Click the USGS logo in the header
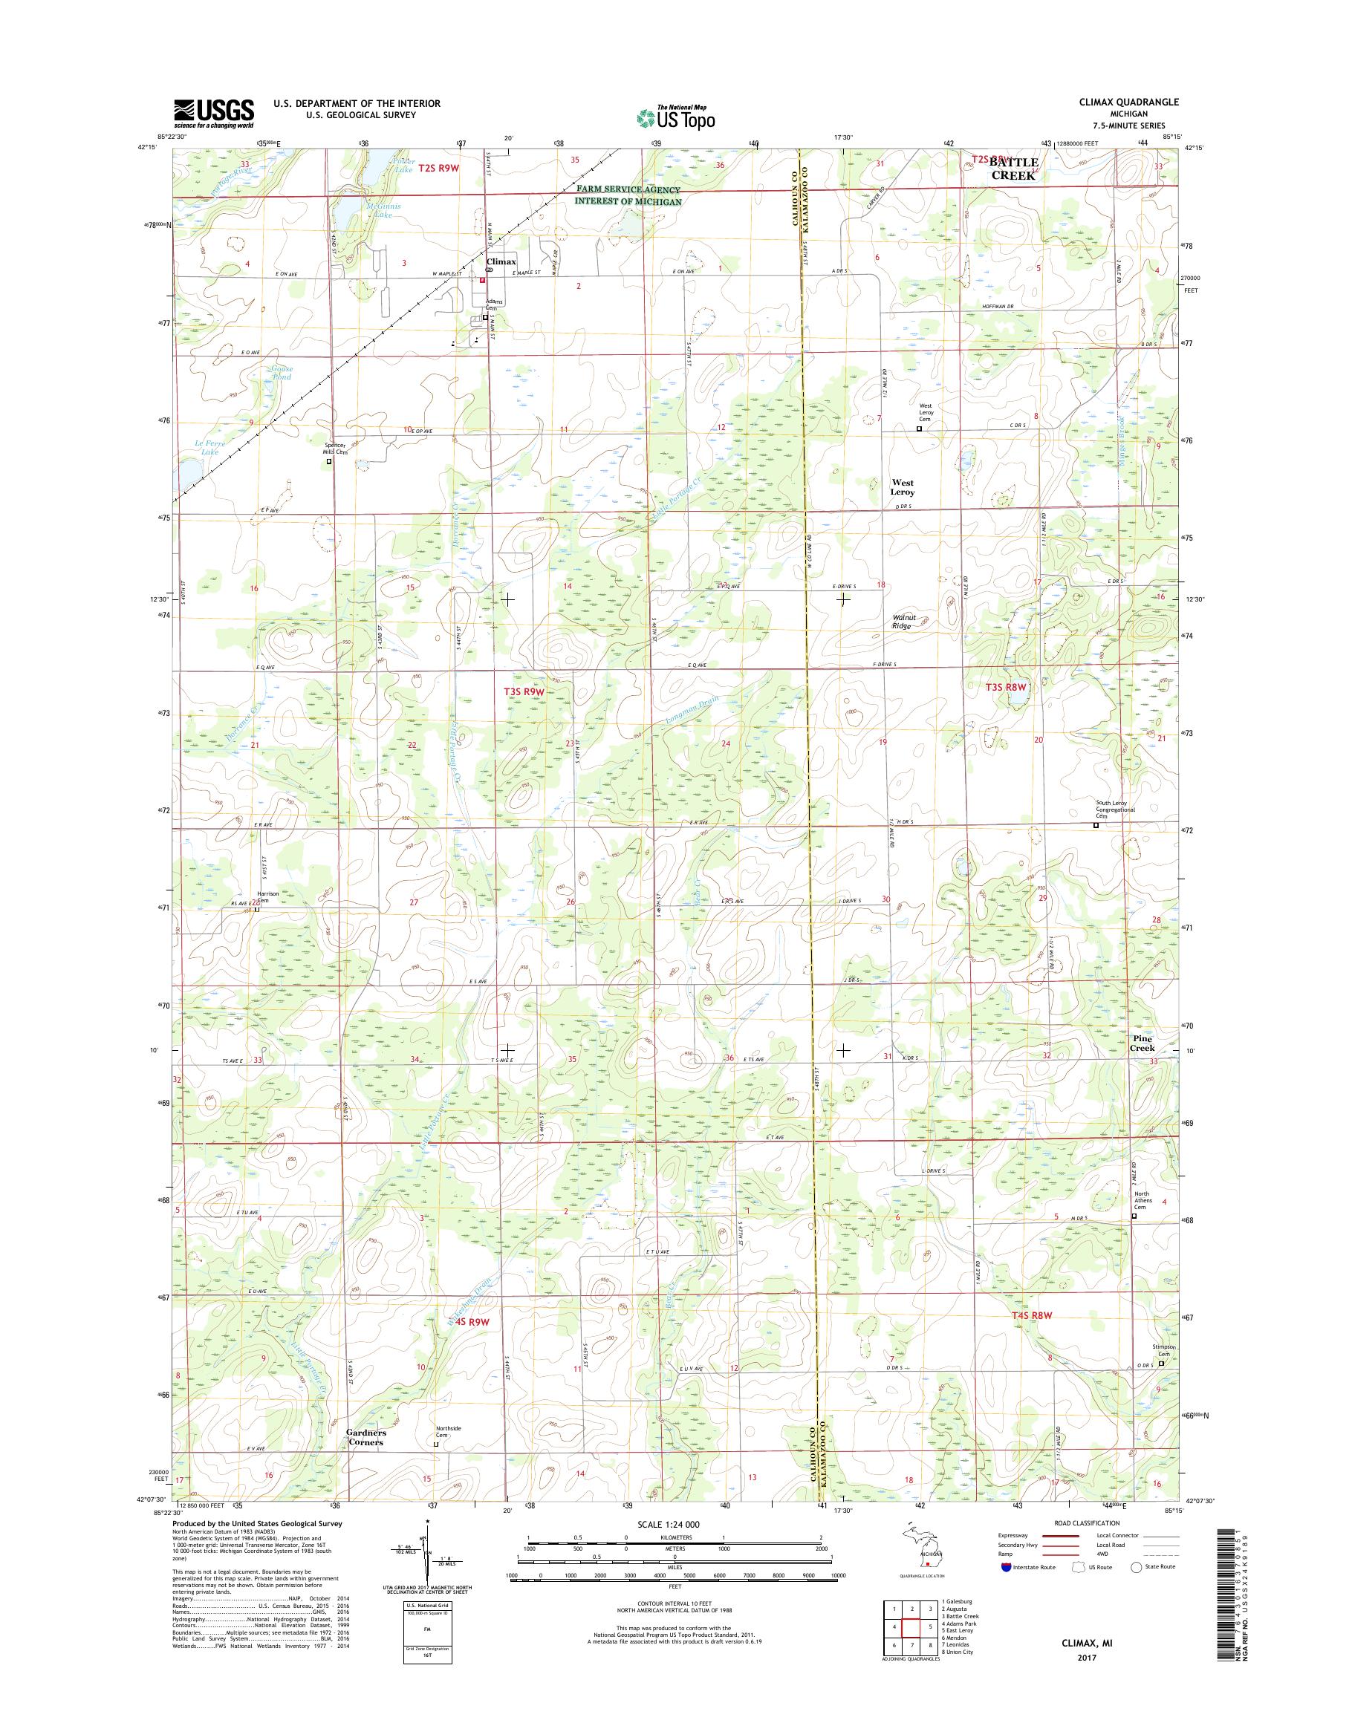pyautogui.click(x=214, y=113)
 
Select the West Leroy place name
pyautogui.click(x=903, y=486)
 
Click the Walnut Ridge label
pyautogui.click(x=903, y=622)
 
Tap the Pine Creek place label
pyautogui.click(x=1143, y=1043)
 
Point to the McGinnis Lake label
pyautogui.click(x=384, y=209)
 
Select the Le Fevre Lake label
pyautogui.click(x=209, y=448)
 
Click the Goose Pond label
pyautogui.click(x=281, y=373)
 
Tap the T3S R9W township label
pyautogui.click(x=524, y=691)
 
